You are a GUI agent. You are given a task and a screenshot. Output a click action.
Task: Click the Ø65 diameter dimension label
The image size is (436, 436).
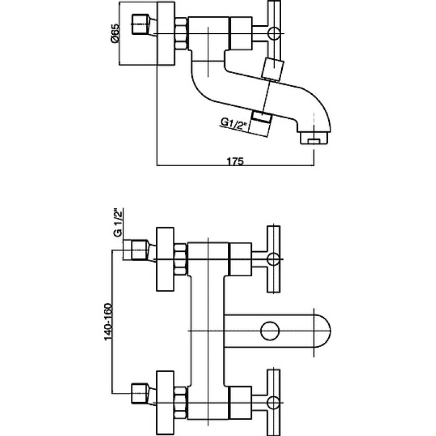[x=114, y=33]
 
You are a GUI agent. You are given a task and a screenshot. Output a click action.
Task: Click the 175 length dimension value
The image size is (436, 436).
[x=235, y=161]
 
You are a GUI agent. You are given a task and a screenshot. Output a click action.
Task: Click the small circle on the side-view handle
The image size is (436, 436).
[x=274, y=33]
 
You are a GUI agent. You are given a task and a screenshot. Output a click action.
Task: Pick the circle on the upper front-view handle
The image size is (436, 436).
[x=273, y=259]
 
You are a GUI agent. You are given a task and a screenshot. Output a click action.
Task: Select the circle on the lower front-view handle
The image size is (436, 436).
[x=273, y=403]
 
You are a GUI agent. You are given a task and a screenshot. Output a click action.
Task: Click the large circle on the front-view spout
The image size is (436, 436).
[x=270, y=331]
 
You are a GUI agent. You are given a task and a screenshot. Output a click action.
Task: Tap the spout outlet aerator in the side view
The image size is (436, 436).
[x=314, y=138]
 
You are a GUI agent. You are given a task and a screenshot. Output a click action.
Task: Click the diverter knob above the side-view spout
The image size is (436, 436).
[x=273, y=69]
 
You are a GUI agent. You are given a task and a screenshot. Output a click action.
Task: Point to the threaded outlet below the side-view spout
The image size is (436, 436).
[x=261, y=123]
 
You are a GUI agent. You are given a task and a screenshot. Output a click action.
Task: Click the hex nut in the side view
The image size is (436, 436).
[x=181, y=34]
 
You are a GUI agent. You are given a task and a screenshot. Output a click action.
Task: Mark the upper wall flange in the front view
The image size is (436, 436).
[x=166, y=259]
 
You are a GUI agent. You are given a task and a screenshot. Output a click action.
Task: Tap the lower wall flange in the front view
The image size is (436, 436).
[x=166, y=403]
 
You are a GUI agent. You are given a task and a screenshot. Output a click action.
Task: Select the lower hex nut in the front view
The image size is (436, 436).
[x=181, y=403]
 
